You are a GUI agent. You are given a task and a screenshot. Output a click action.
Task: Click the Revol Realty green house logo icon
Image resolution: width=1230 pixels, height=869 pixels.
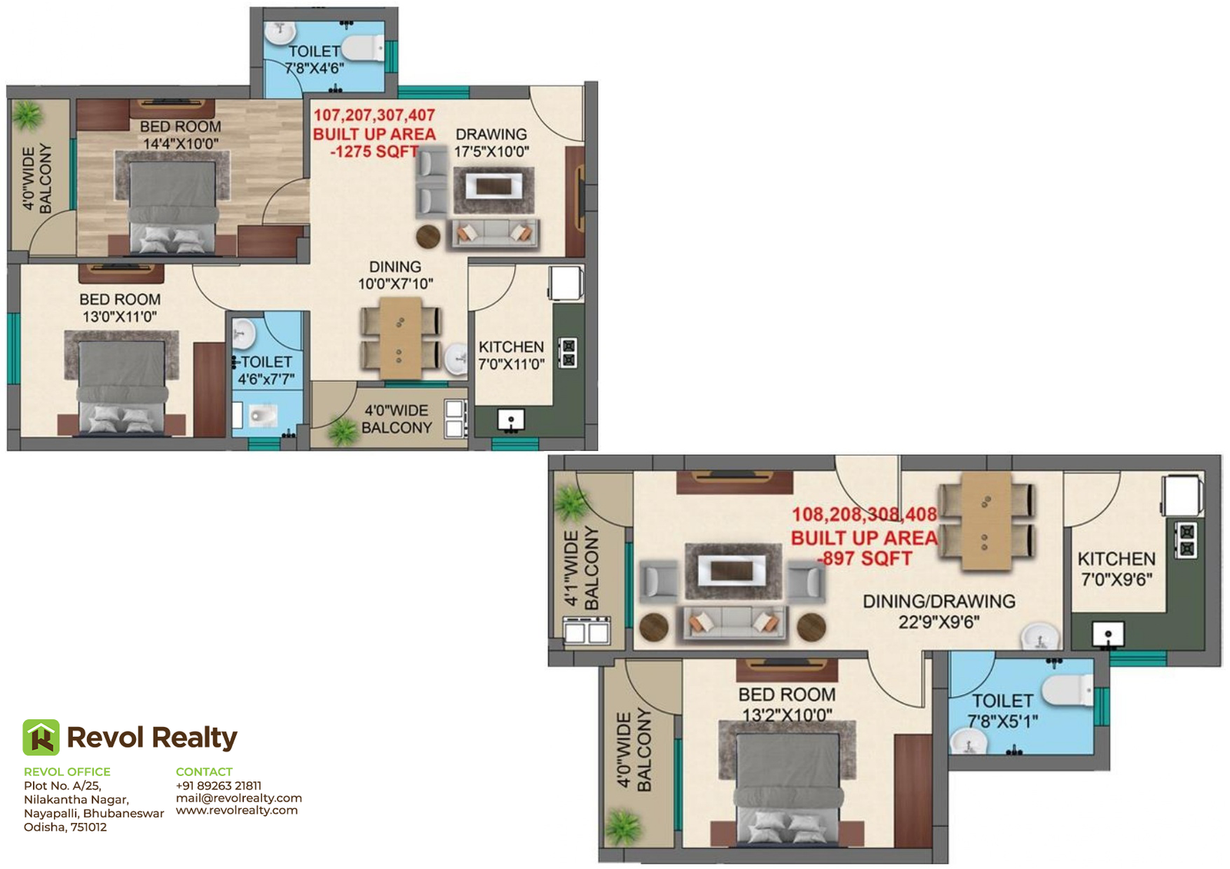pos(41,738)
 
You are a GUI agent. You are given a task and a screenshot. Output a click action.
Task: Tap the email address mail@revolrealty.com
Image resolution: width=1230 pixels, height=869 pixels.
pos(239,798)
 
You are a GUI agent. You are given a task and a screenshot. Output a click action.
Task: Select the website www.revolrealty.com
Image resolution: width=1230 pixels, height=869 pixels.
pos(237,811)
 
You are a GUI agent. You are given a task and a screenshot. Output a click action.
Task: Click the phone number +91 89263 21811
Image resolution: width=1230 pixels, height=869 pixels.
pos(218,785)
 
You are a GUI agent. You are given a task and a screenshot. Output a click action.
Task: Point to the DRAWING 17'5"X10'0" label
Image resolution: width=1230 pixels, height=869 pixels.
pos(491,143)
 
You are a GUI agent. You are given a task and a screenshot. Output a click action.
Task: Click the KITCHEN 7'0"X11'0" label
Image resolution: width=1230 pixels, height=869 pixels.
pos(511,355)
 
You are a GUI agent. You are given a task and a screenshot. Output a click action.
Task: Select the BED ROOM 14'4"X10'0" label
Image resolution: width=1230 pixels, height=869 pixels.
pos(181,135)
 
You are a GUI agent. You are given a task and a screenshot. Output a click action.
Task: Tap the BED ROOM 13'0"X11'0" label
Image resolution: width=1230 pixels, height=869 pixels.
pos(120,308)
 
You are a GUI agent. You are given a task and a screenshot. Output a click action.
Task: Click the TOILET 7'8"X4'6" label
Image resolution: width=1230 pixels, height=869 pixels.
pos(314,59)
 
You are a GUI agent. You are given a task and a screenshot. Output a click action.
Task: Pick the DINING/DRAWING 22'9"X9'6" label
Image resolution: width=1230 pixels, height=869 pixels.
pos(939,612)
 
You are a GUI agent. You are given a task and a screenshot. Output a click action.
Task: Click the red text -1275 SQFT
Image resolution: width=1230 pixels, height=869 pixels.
pos(374,151)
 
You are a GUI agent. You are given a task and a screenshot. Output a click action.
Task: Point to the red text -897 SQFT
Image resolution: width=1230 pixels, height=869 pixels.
pos(865,559)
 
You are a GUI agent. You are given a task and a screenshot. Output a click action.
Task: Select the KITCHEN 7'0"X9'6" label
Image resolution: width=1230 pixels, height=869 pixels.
pos(1116,569)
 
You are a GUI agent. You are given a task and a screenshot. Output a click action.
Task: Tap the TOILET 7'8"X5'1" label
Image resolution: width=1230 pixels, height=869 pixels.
pos(1002,711)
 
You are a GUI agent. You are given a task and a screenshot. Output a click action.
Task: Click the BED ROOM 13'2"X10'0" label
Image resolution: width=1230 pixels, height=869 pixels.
pos(787,705)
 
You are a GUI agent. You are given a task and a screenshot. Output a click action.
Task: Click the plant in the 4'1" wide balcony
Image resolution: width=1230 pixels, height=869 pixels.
pos(571,503)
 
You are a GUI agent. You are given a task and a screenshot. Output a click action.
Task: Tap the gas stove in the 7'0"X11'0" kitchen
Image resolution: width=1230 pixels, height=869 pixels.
pos(569,353)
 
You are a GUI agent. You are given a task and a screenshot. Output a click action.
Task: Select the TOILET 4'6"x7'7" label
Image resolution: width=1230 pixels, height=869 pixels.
pos(266,370)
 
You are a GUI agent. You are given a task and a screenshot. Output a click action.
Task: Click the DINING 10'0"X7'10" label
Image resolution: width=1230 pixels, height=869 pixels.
pos(395,275)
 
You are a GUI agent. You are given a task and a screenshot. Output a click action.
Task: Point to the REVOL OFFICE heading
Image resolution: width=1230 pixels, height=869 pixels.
pos(67,771)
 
